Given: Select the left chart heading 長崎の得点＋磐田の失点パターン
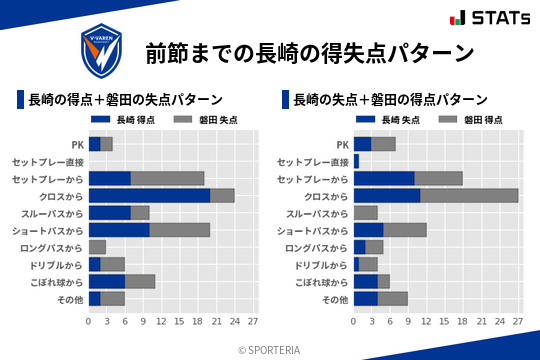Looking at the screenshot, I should pyautogui.click(x=125, y=99).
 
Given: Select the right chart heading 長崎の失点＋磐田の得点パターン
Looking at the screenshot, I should pyautogui.click(x=391, y=99).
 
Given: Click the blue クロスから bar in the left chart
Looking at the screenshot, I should pyautogui.click(x=149, y=195).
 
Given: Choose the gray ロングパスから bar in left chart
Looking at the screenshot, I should pyautogui.click(x=97, y=247).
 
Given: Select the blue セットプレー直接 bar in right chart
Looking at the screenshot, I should pyautogui.click(x=356, y=161).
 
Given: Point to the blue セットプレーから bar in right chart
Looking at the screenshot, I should pyautogui.click(x=384, y=178).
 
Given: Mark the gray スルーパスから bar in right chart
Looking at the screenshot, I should pyautogui.click(x=366, y=213).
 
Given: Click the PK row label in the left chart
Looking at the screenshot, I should pyautogui.click(x=77, y=144).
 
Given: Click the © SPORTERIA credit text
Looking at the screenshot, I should pyautogui.click(x=270, y=349).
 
